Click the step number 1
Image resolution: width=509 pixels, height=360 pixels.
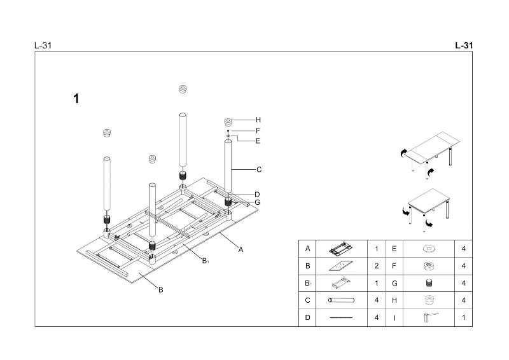click(x=76, y=99)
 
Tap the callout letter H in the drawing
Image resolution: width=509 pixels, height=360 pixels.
click(x=258, y=120)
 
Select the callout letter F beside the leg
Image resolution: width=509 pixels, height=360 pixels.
click(x=258, y=130)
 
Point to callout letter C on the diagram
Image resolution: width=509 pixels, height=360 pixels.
click(x=259, y=170)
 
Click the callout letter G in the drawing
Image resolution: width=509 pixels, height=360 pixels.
click(x=257, y=202)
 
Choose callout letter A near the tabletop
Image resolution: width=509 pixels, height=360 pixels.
click(x=241, y=249)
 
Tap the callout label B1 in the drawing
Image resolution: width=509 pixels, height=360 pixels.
click(x=206, y=261)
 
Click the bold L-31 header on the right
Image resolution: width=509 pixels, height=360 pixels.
click(x=464, y=46)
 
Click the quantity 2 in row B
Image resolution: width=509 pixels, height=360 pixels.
click(x=377, y=265)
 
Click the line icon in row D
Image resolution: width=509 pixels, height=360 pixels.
click(x=341, y=317)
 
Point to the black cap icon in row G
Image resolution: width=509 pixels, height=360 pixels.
click(x=428, y=282)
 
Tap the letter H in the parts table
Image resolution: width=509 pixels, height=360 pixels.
click(x=394, y=300)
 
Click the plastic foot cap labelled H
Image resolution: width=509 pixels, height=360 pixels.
click(x=229, y=121)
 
